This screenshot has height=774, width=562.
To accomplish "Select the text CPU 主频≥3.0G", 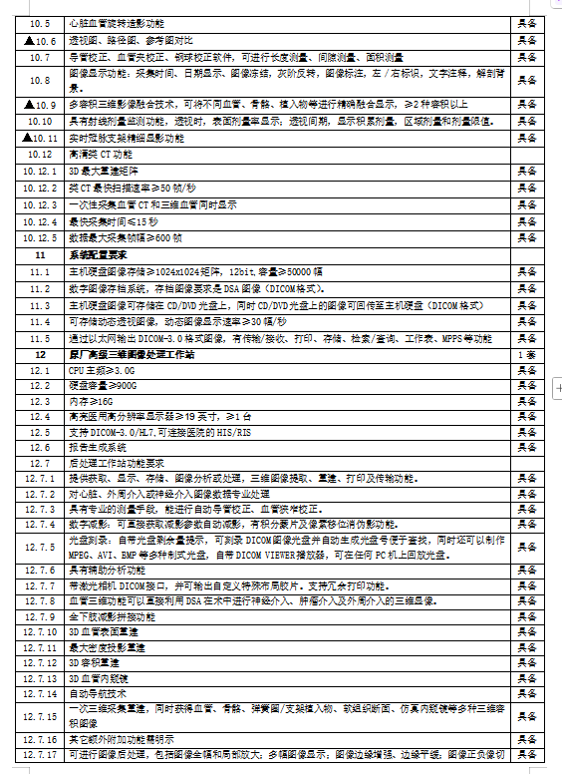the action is pyautogui.click(x=104, y=370).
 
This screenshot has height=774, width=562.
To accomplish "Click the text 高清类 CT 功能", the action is pyautogui.click(x=100, y=156).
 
